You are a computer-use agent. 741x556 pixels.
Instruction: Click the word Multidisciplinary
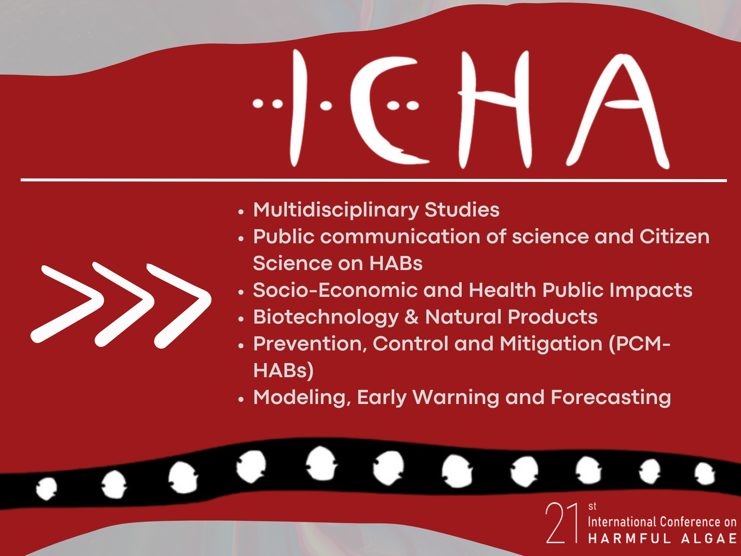click(336, 210)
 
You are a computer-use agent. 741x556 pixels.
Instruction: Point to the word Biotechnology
click(326, 317)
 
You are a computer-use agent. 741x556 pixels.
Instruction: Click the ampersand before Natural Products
click(412, 317)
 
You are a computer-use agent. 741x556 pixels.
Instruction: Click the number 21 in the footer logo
click(561, 523)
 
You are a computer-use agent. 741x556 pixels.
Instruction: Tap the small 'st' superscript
click(592, 506)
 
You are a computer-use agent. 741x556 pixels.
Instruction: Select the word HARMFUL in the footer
click(630, 538)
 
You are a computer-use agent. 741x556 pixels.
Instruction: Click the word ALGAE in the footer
click(709, 538)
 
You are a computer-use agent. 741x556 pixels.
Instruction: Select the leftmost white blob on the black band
click(46, 489)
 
